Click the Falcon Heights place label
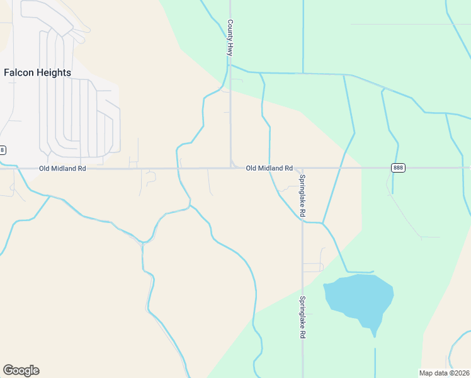pos(37,72)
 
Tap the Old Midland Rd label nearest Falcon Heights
pos(62,169)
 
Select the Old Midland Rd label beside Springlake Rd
pos(269,168)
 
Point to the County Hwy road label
pos(230,38)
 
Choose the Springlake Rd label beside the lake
pos(303,318)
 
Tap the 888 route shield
pos(397,168)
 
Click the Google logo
pos(21,370)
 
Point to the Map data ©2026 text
pos(444,373)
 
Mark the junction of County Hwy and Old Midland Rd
pos(230,168)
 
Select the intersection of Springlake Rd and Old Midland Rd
pos(302,168)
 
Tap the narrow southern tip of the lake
pos(375,333)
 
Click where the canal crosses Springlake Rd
pos(303,221)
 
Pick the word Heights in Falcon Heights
pos(53,72)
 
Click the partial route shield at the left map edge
pos(3,150)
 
